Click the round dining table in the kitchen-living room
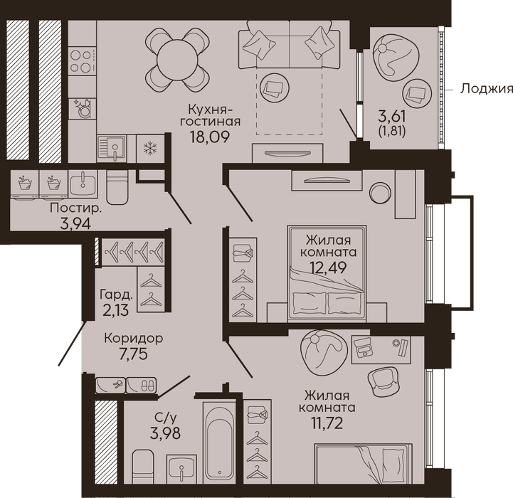[x=177, y=60]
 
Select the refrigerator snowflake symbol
[x=150, y=148]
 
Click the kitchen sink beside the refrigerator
[x=112, y=149]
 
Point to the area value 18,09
[x=209, y=137]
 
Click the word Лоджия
[x=487, y=89]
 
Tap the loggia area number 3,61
[x=392, y=116]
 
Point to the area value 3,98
[x=165, y=433]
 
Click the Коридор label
[x=134, y=338]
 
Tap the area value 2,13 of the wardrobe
[x=115, y=310]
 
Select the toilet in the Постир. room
[x=117, y=187]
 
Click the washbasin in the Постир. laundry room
[x=83, y=184]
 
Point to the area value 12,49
[x=328, y=267]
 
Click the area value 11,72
[x=327, y=423]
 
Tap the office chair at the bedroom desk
[x=383, y=382]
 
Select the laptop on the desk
[x=364, y=348]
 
